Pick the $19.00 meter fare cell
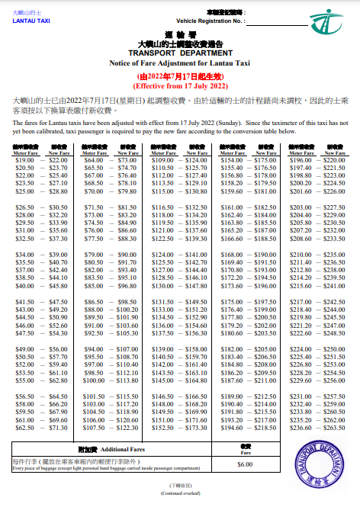pos(24,160)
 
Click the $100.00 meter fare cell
pos(94,380)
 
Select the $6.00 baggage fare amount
pos(245,464)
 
